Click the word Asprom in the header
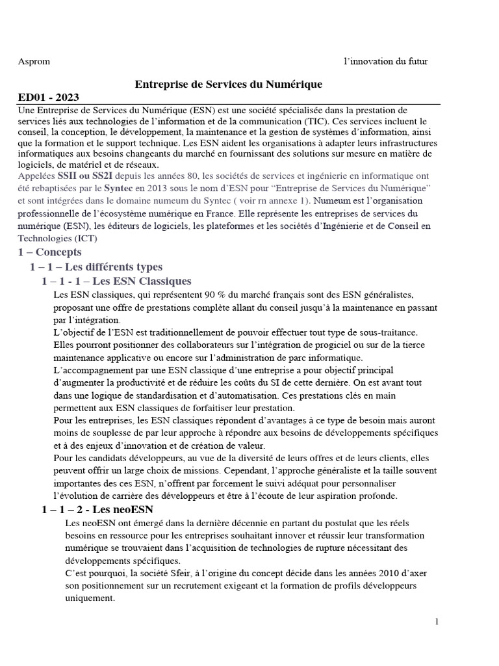pos(34,61)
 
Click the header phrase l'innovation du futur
pos(385,61)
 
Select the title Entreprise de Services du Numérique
pos(228,85)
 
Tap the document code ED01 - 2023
pos(49,98)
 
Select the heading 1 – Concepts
pos(50,252)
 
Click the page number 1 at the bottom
pos(437,622)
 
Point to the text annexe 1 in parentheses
pos(285,201)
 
